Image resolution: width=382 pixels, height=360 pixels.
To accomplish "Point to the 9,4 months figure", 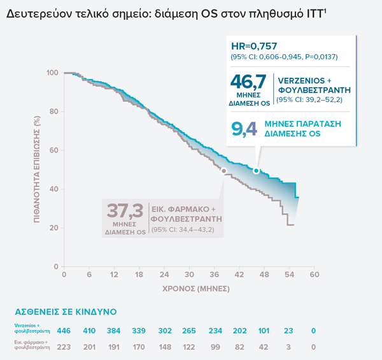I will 244,129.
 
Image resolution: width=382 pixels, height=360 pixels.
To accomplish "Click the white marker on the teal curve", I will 256,171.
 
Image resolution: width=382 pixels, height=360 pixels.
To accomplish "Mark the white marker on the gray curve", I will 223,171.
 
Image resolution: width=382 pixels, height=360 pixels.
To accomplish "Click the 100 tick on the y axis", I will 52,73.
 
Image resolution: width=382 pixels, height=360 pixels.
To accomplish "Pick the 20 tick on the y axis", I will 54,228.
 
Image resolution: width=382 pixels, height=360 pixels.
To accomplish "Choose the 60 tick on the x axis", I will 314,275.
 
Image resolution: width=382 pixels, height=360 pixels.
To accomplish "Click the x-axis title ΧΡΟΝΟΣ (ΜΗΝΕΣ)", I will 188,288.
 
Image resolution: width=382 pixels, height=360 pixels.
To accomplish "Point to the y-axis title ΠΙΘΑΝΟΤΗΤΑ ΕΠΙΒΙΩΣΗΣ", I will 39,169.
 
